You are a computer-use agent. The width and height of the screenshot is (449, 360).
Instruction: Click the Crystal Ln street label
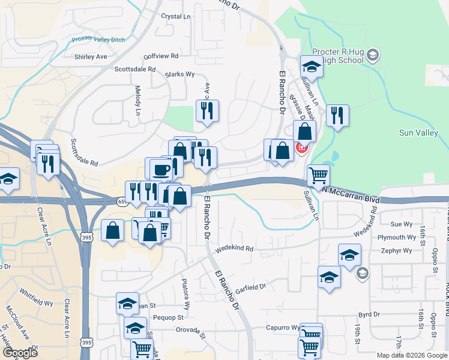(x=176, y=17)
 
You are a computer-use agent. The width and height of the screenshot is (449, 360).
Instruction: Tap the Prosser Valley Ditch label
(x=97, y=39)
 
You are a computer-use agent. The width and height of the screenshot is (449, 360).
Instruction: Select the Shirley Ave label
(x=91, y=57)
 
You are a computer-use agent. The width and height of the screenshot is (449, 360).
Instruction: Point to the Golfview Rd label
(x=161, y=56)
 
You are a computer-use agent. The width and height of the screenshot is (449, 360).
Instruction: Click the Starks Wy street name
(x=181, y=74)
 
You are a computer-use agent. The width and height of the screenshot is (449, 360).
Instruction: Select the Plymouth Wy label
(x=396, y=237)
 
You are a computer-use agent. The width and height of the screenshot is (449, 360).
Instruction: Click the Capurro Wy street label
(x=283, y=328)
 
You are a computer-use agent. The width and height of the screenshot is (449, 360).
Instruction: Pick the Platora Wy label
(x=187, y=293)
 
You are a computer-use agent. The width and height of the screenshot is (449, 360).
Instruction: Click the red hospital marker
(x=301, y=147)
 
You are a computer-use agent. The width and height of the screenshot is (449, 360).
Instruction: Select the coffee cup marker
(x=160, y=170)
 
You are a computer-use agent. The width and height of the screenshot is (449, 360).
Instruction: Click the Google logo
(x=20, y=353)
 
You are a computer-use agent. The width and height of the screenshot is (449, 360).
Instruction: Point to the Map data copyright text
(x=411, y=355)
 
